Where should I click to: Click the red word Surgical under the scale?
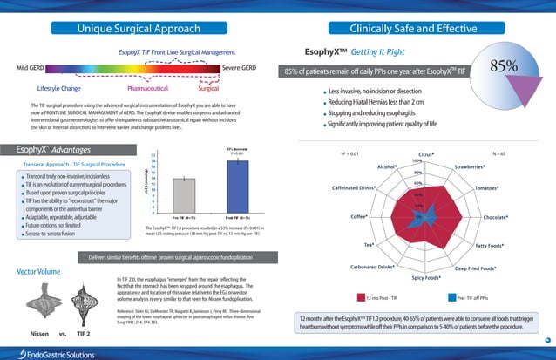209,88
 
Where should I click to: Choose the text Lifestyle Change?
59,88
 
